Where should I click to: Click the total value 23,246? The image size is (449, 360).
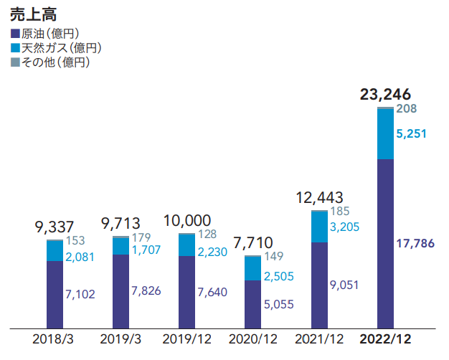pyautogui.click(x=386, y=93)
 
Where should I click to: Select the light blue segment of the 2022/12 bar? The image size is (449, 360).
pyautogui.click(x=386, y=134)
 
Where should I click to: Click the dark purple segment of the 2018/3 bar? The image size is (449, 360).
pyautogui.click(x=55, y=294)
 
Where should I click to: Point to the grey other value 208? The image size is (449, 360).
pyautogui.click(x=407, y=109)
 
